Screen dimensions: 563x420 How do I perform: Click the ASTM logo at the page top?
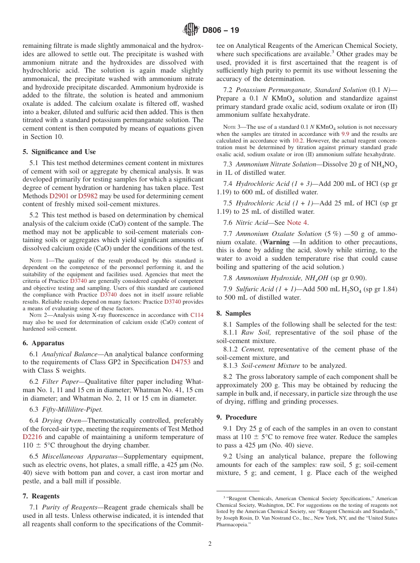pos(191,30)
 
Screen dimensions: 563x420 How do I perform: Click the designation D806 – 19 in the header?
pos(221,31)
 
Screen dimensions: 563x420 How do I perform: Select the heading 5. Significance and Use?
pos(59,152)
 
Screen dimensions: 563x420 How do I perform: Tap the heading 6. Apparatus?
pos(43,343)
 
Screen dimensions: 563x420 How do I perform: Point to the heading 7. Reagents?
pos(41,496)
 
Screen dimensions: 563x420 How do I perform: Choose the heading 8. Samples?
pos(233,313)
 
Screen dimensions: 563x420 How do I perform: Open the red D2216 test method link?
pos(34,437)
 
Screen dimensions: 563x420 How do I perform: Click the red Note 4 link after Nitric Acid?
pos(298,223)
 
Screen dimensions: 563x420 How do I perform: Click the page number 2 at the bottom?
pos(210,544)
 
